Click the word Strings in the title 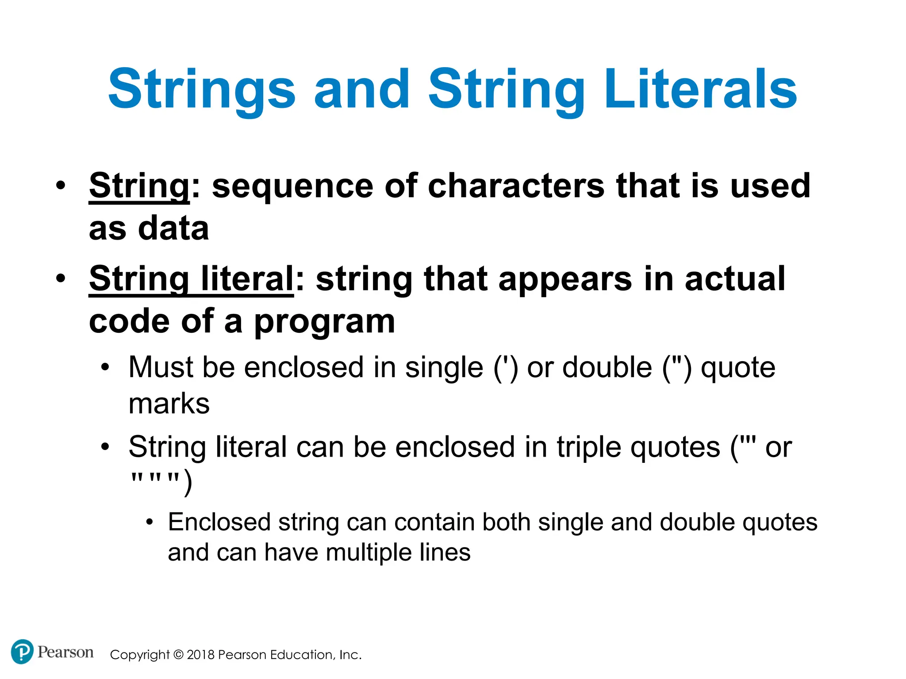202,91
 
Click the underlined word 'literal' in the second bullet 247,278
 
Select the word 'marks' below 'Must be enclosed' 169,404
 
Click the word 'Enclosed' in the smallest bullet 219,522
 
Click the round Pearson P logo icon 22,652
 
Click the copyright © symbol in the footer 178,655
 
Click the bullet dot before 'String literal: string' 61,278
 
